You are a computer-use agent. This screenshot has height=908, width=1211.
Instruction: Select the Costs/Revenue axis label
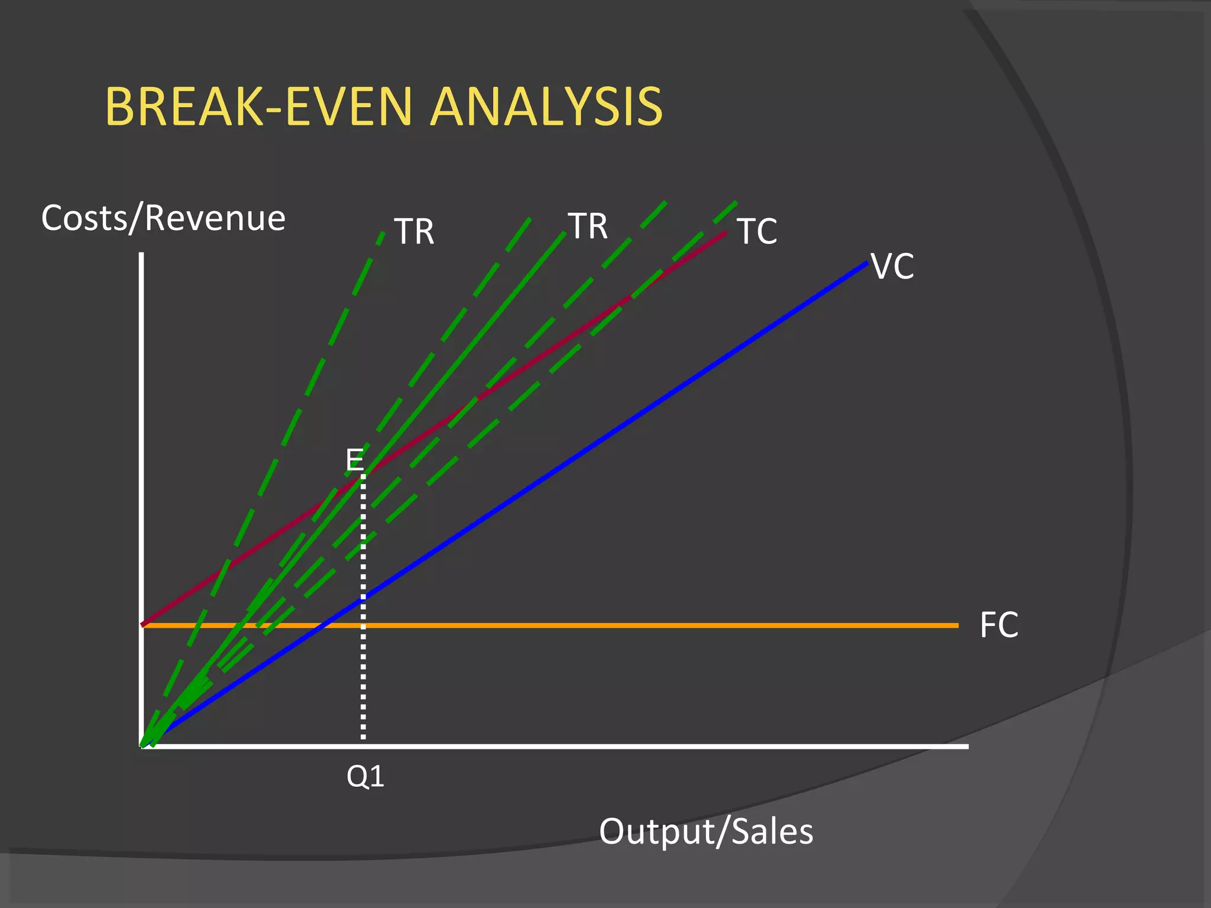163,218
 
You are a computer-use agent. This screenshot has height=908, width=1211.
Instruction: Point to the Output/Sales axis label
706,831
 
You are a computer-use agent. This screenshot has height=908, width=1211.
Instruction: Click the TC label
757,231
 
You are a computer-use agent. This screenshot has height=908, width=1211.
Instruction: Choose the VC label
893,267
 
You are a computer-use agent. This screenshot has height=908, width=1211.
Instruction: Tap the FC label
999,625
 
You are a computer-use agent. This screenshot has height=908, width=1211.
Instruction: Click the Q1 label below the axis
365,776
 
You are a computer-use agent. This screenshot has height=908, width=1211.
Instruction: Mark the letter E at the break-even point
355,459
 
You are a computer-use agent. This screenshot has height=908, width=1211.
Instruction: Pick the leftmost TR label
414,231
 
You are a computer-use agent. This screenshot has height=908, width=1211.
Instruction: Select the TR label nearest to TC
588,226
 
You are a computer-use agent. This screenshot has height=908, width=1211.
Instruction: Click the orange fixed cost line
650,625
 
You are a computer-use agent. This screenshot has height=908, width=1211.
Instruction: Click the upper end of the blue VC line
867,263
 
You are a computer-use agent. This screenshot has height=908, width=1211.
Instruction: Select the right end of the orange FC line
957,625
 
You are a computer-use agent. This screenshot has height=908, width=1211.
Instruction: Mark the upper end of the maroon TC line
725,234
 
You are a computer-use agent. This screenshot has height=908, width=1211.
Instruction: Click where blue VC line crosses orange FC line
319,625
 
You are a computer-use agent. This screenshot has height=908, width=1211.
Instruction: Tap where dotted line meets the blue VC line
363,597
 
